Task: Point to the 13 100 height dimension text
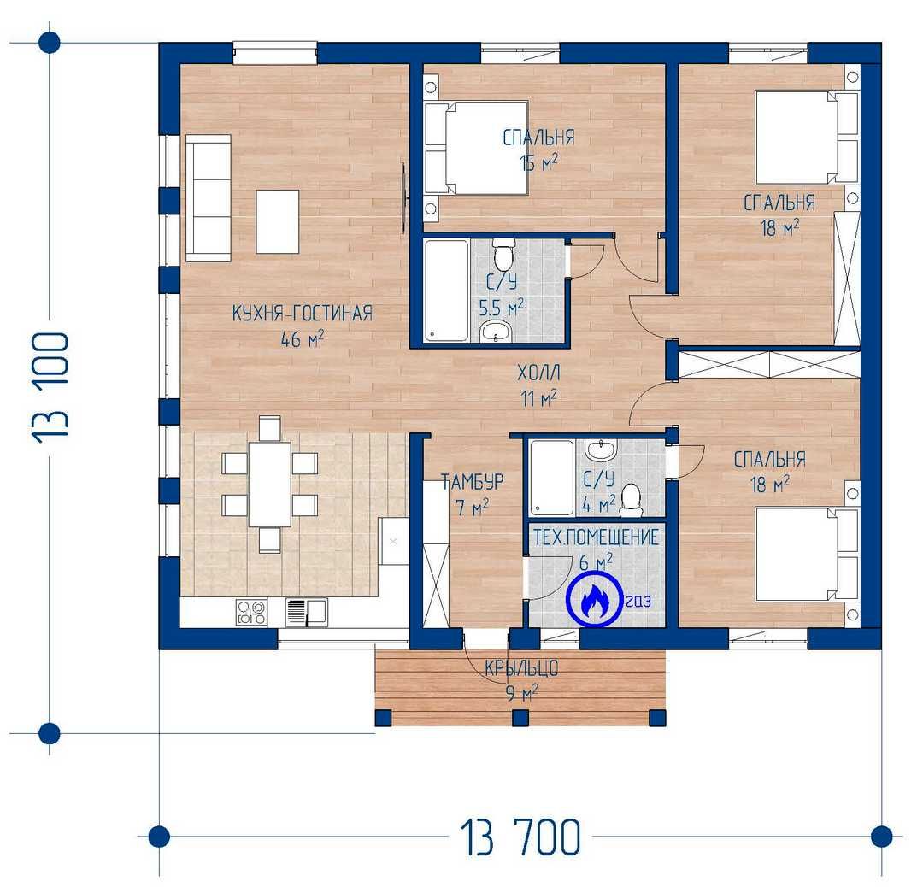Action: [51, 388]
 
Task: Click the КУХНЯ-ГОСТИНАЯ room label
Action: [302, 313]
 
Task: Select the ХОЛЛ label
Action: [538, 373]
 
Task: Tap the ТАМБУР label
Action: [473, 481]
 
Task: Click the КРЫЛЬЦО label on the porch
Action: [521, 668]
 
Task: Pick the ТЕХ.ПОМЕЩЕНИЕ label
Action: [596, 537]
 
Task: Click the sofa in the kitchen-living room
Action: [208, 197]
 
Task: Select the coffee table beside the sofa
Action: [277, 221]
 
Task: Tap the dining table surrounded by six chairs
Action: [269, 484]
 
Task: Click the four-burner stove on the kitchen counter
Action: [251, 612]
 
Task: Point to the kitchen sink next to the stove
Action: [306, 612]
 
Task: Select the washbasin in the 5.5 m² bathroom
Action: [497, 332]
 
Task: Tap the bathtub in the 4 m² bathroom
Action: [551, 479]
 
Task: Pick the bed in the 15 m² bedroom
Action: [476, 148]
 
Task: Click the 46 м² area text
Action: [302, 338]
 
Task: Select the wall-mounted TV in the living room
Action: [403, 197]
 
